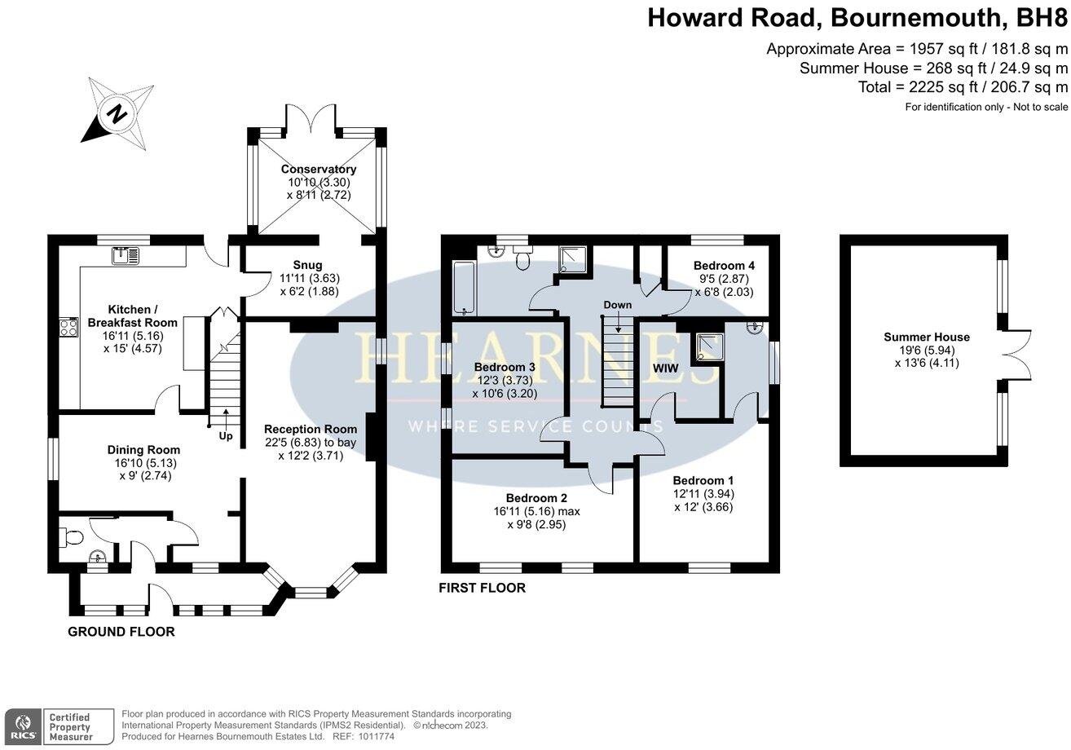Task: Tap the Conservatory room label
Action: pyautogui.click(x=319, y=170)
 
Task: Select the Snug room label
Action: pyautogui.click(x=308, y=265)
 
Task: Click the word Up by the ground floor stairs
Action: pyautogui.click(x=226, y=436)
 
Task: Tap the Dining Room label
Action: pyautogui.click(x=143, y=450)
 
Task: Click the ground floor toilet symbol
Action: pyautogui.click(x=72, y=537)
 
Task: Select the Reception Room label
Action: pyautogui.click(x=311, y=429)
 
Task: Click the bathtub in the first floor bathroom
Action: pyautogui.click(x=463, y=288)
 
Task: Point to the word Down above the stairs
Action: pyautogui.click(x=617, y=305)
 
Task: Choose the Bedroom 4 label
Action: pyautogui.click(x=724, y=266)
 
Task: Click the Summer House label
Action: pyautogui.click(x=927, y=337)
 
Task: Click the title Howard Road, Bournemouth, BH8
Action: pyautogui.click(x=857, y=18)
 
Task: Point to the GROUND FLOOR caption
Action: pyautogui.click(x=121, y=632)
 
